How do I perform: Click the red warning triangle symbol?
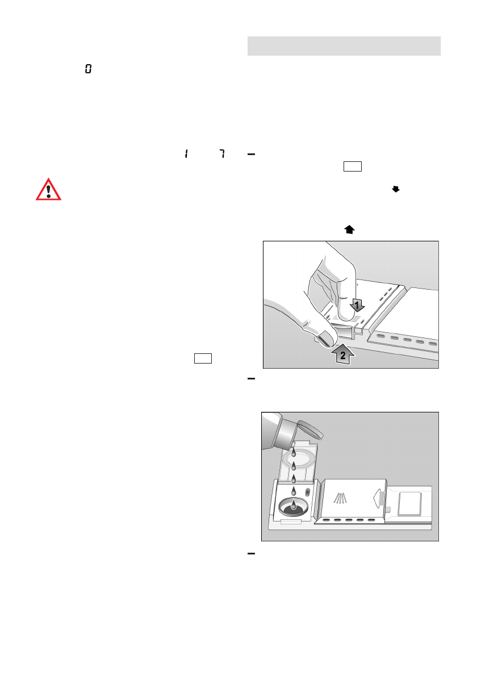pos(49,189)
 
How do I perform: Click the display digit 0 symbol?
pos(89,69)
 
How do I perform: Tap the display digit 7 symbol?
pos(221,154)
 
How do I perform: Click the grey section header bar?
pos(344,46)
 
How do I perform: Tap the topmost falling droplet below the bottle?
pos(294,453)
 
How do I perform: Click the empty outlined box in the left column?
pos(203,358)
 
